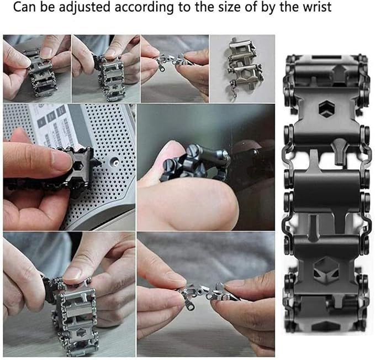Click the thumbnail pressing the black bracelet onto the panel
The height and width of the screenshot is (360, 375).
[69, 166]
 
